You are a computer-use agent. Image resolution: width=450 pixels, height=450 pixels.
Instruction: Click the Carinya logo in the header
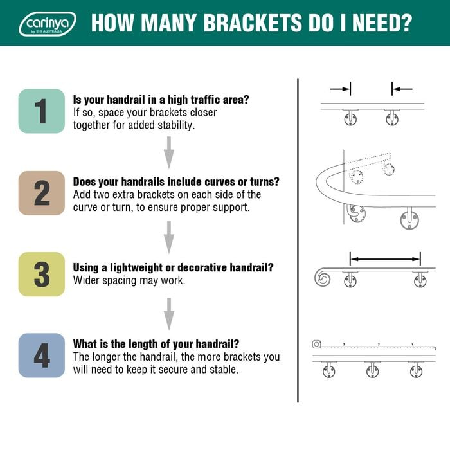click(x=48, y=24)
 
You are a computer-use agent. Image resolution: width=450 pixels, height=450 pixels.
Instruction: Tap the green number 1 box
click(x=42, y=111)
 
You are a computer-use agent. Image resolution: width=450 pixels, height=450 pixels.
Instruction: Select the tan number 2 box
click(x=42, y=193)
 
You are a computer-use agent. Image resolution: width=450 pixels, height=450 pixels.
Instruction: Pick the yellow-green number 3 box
click(x=42, y=274)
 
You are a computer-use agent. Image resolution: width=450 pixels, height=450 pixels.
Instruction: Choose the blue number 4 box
click(x=42, y=355)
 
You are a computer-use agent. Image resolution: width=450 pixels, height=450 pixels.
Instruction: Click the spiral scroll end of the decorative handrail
click(x=322, y=278)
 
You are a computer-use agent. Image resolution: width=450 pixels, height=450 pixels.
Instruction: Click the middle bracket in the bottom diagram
click(x=373, y=370)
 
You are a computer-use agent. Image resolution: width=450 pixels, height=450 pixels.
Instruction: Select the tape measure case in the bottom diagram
click(x=316, y=344)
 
